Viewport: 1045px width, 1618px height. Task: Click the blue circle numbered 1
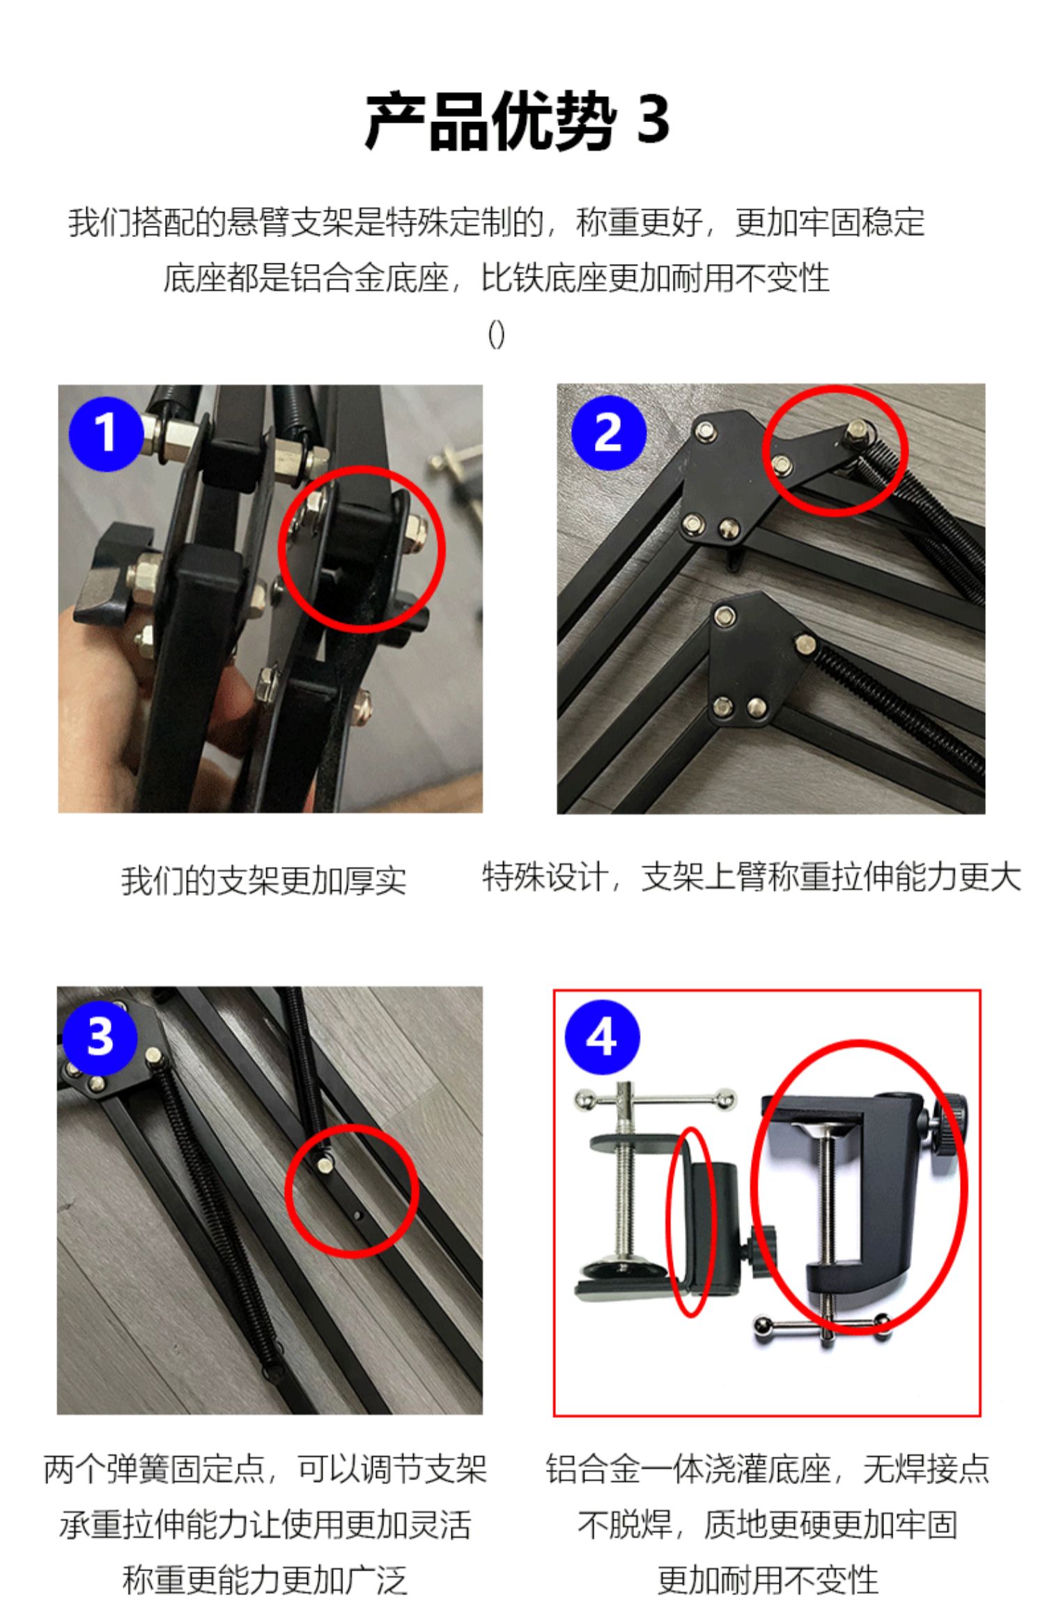pyautogui.click(x=106, y=433)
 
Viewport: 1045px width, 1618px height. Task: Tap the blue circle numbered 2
pyautogui.click(x=608, y=432)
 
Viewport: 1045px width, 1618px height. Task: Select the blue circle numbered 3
pyautogui.click(x=100, y=1037)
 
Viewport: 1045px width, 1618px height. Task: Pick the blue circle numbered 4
pyautogui.click(x=601, y=1036)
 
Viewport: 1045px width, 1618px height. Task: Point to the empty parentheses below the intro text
pyautogui.click(x=496, y=335)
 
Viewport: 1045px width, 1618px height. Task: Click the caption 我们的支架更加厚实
pyautogui.click(x=263, y=880)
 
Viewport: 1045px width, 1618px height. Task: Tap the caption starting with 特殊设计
pyautogui.click(x=752, y=877)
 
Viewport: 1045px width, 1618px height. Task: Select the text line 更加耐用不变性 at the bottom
pyautogui.click(x=767, y=1579)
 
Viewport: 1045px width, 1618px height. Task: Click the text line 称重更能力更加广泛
pyautogui.click(x=265, y=1579)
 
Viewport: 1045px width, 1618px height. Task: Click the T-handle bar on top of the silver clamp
pyautogui.click(x=656, y=1100)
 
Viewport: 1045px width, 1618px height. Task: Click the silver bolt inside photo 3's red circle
pyautogui.click(x=325, y=1164)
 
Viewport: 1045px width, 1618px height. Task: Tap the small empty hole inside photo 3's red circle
pyautogui.click(x=358, y=1217)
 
